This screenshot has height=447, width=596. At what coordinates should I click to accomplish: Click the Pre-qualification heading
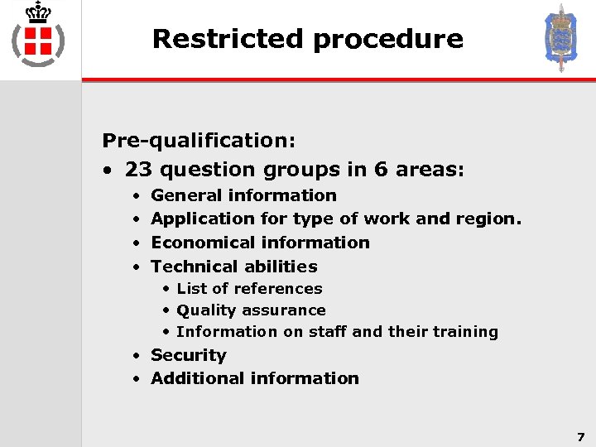199,140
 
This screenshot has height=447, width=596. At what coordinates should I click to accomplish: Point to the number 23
138,170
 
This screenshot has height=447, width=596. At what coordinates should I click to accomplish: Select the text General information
243,195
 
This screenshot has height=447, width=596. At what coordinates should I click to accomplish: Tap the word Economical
203,243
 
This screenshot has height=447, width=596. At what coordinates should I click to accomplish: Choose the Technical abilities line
234,267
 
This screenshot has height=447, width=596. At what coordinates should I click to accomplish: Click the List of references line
249,288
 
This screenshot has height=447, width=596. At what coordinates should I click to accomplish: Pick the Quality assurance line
251,310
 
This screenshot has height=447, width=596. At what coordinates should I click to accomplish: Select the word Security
188,355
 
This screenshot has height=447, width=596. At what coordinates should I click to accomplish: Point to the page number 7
580,436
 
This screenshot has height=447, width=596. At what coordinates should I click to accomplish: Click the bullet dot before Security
136,355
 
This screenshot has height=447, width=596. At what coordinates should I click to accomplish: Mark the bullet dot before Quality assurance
166,310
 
